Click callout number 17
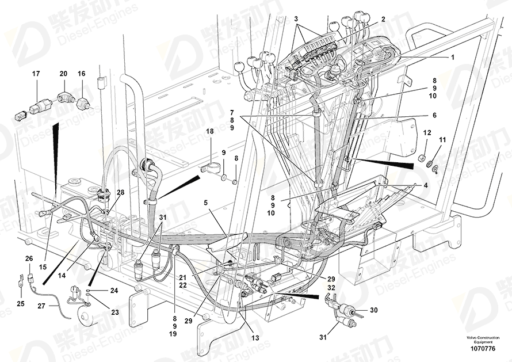(x=36, y=74)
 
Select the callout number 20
(x=63, y=74)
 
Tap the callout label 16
(x=81, y=74)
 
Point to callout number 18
(x=210, y=132)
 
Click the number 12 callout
(x=426, y=133)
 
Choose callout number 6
(x=434, y=115)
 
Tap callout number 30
(x=373, y=310)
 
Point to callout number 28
(x=121, y=192)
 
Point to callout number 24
(x=113, y=291)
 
